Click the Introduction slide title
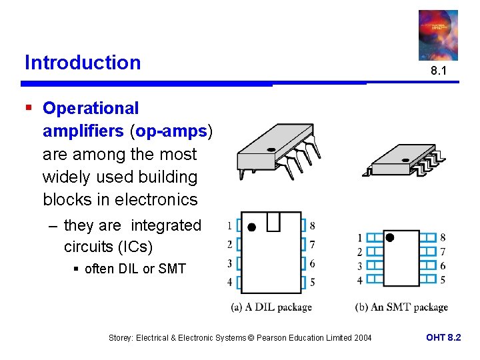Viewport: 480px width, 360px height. pos(83,63)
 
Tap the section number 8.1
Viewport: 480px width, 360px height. pos(438,70)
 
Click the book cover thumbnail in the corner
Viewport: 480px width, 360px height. pos(438,35)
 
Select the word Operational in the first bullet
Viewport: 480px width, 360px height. pos(91,108)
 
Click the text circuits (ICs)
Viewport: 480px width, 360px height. pos(108,247)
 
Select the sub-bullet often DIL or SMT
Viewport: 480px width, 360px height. pos(135,269)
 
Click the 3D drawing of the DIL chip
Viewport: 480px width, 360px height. pos(277,151)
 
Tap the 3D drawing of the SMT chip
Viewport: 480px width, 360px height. pos(404,160)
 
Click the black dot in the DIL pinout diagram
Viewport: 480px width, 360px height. pos(251,227)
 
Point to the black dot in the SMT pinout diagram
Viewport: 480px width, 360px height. pos(390,237)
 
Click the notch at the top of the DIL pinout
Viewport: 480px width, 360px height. pos(274,221)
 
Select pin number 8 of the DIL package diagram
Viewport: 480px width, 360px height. pos(313,225)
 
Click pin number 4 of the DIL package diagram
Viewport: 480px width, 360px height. pos(229,282)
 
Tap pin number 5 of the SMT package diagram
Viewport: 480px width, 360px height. pos(443,279)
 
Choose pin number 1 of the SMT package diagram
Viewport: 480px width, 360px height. pos(359,238)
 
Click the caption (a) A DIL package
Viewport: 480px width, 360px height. pos(271,307)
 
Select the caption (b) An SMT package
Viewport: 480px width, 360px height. pos(401,307)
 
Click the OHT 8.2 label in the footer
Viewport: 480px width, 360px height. pos(443,338)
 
